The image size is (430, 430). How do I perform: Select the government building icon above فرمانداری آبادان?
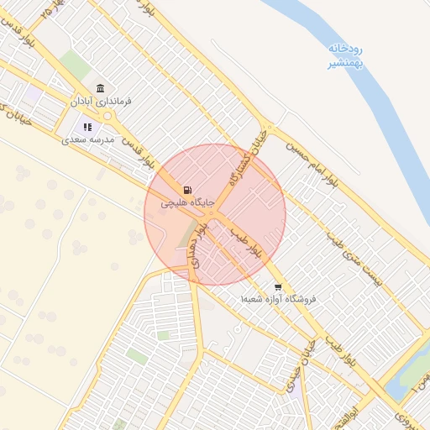tap(100, 89)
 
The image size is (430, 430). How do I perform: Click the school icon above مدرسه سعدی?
tap(87, 128)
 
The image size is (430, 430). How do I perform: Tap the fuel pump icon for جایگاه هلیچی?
tap(187, 190)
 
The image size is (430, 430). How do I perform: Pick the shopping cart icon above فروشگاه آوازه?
tap(277, 286)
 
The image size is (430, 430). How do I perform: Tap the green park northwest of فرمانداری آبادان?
tap(76, 65)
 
